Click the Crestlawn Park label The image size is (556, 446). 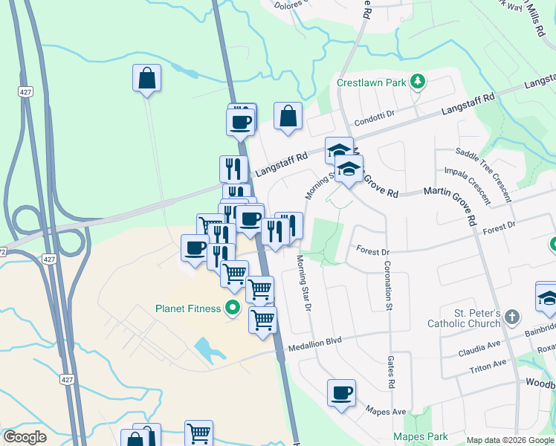[372, 83]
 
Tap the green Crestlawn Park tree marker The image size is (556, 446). [418, 81]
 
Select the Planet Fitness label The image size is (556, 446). [188, 308]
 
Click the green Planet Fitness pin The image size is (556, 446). [233, 308]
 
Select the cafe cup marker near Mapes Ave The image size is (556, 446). [341, 392]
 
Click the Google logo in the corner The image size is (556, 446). [25, 437]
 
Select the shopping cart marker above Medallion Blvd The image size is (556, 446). [262, 320]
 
